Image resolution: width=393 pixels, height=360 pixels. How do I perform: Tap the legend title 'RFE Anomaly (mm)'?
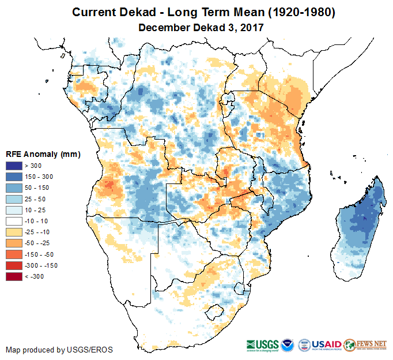tap(43, 155)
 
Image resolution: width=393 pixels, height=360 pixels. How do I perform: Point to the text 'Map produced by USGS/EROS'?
tap(59, 350)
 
